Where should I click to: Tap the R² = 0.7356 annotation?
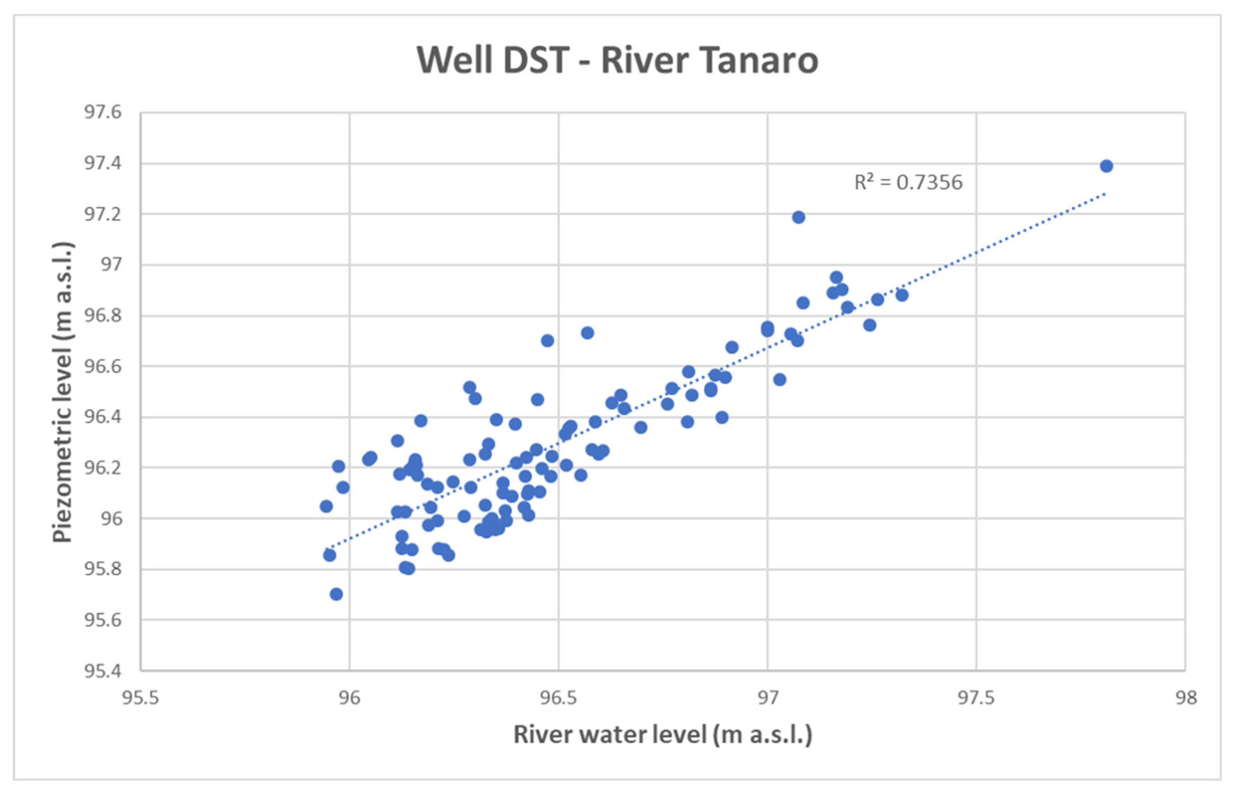click(908, 183)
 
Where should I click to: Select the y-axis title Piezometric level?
click(63, 392)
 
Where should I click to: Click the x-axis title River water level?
click(662, 734)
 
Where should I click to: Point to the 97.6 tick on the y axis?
click(103, 112)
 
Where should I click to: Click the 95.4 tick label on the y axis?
click(103, 670)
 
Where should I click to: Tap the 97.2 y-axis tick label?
click(103, 214)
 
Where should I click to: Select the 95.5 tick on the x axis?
click(141, 698)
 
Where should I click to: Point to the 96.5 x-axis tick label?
click(559, 698)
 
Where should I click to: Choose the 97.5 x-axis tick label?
click(976, 698)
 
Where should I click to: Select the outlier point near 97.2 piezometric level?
click(798, 217)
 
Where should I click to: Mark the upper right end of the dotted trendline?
click(1104, 194)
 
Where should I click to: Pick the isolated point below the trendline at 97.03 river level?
click(780, 380)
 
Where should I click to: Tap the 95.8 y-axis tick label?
click(103, 569)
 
